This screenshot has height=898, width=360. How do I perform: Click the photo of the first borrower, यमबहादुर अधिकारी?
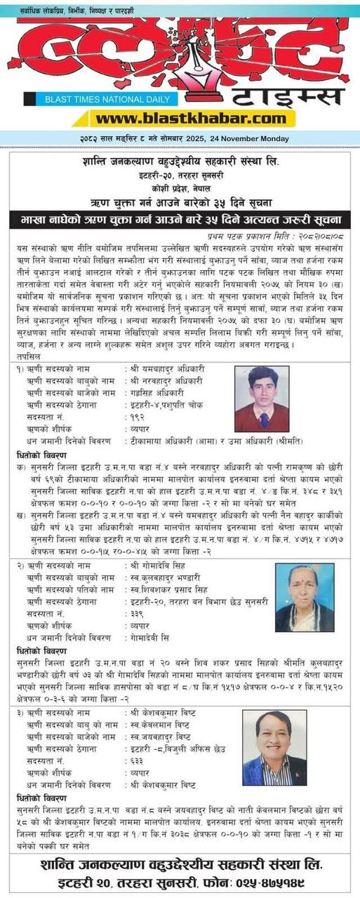coord(261,399)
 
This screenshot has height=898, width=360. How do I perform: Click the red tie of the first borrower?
coord(262,420)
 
